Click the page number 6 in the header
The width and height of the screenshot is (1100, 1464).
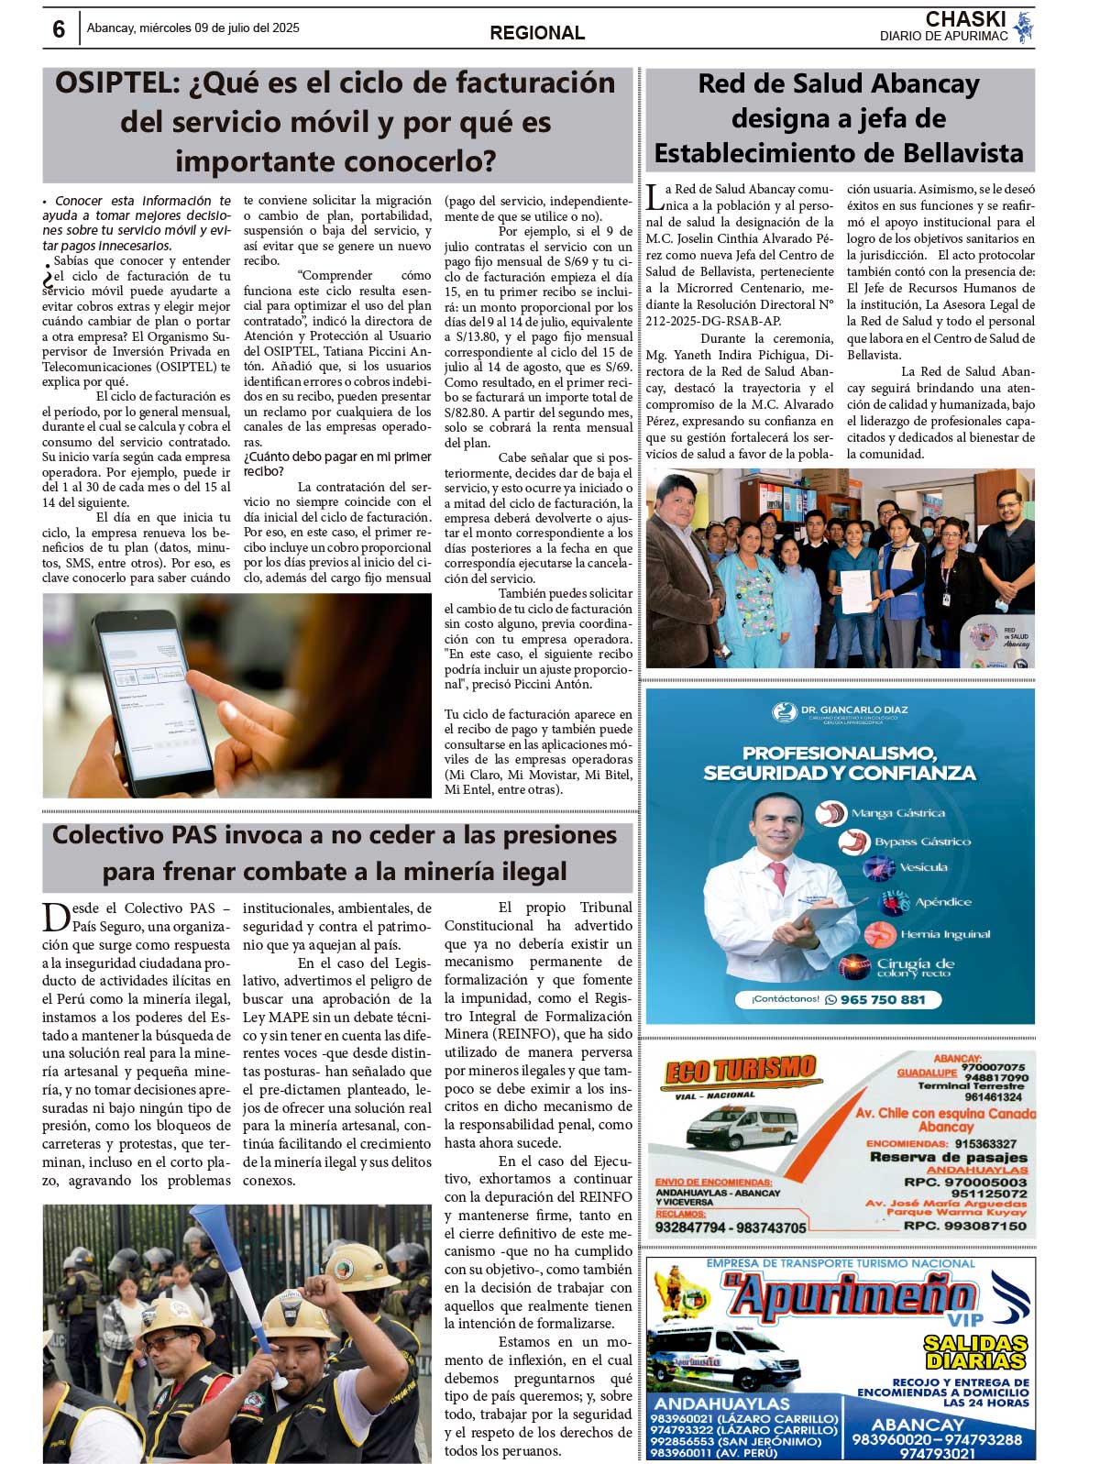pyautogui.click(x=59, y=29)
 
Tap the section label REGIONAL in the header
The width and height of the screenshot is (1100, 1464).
pyautogui.click(x=536, y=33)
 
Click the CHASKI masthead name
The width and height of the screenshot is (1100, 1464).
pyautogui.click(x=964, y=19)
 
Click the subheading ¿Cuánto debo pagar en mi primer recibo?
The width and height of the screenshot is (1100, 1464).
pyautogui.click(x=336, y=464)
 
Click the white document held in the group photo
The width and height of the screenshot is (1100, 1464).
pyautogui.click(x=856, y=592)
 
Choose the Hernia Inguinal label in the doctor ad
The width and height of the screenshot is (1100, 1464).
pyautogui.click(x=944, y=934)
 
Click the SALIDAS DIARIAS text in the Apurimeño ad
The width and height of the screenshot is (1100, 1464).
pyautogui.click(x=973, y=1352)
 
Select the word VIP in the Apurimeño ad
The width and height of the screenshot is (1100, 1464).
pyautogui.click(x=964, y=1321)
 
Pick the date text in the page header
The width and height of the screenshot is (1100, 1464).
pyautogui.click(x=192, y=28)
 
